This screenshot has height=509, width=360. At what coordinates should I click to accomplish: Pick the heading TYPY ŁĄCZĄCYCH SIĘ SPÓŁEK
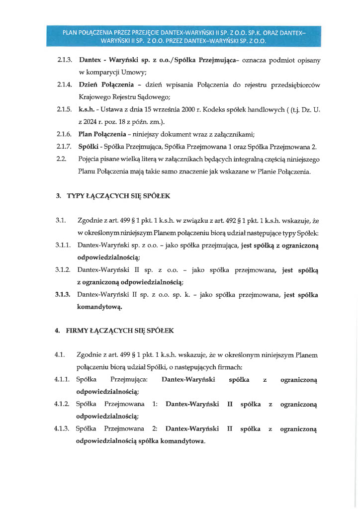pos(118,196)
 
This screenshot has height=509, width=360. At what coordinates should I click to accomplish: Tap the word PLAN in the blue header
pos(70,33)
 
